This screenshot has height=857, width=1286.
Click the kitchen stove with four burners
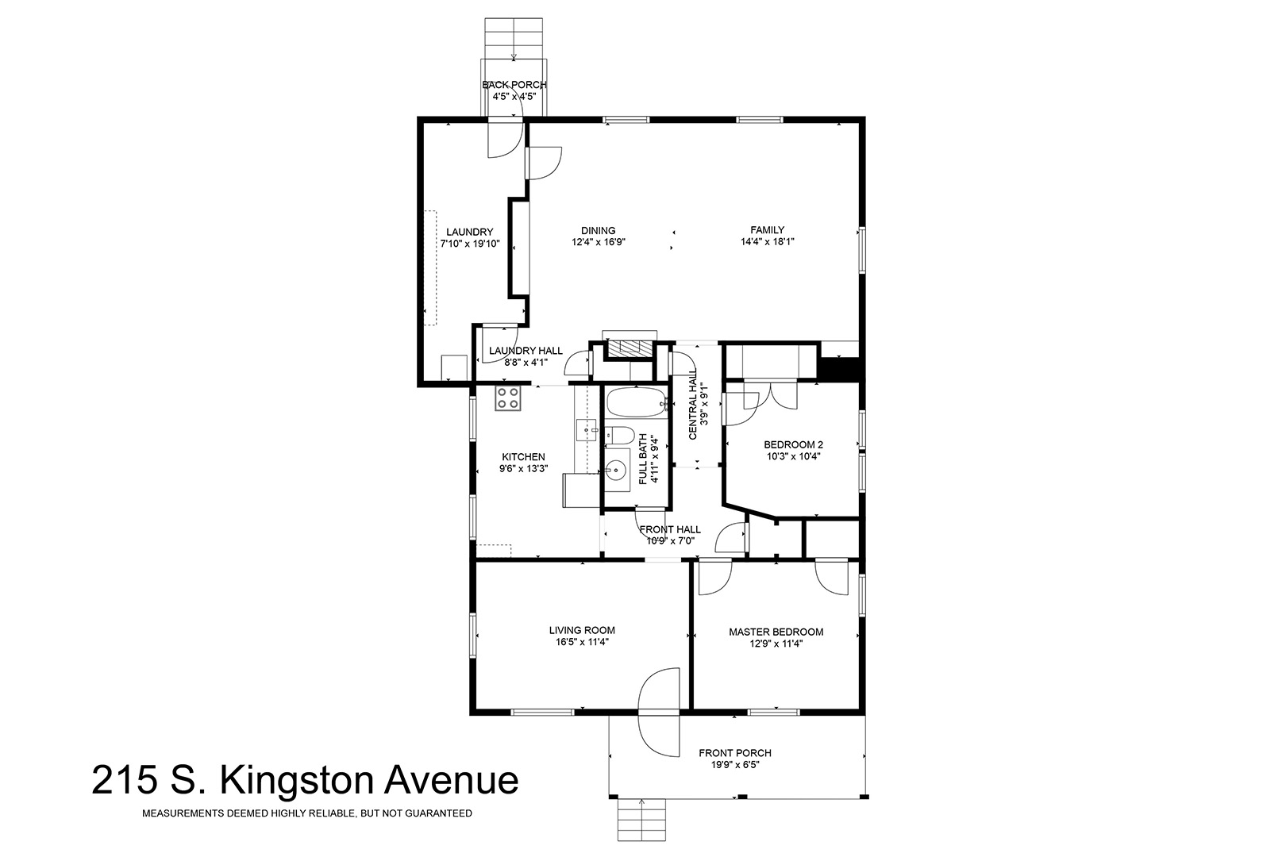(508, 398)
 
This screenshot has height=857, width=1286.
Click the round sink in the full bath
(615, 471)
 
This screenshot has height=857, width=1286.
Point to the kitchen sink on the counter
(587, 430)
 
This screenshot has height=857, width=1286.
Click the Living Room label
(582, 630)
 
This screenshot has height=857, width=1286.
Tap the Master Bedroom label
(776, 632)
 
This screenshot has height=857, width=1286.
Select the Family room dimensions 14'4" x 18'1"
(767, 242)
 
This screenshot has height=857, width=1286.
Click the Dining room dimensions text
(599, 242)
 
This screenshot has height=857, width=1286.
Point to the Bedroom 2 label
(793, 444)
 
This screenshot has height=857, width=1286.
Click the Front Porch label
(735, 752)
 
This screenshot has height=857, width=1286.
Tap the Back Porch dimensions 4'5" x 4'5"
(514, 97)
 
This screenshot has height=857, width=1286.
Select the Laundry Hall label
(526, 350)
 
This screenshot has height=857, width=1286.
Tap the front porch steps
(642, 820)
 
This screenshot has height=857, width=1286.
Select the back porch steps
(514, 38)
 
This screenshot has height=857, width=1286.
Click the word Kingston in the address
(298, 782)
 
